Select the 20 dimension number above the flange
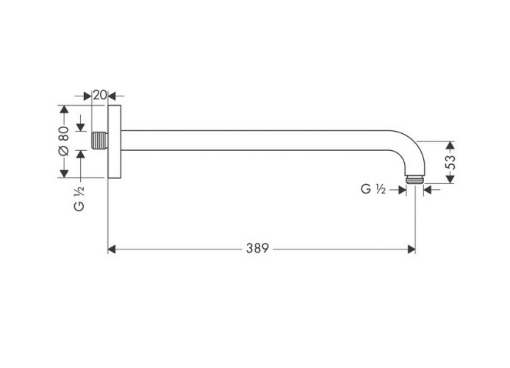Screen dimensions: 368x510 (100, 95)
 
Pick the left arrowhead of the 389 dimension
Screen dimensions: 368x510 (112, 250)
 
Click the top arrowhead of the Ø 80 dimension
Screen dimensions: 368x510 (64, 110)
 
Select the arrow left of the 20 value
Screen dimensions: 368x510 (88, 95)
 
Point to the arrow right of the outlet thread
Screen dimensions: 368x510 (428, 189)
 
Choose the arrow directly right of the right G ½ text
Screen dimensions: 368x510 (401, 189)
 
